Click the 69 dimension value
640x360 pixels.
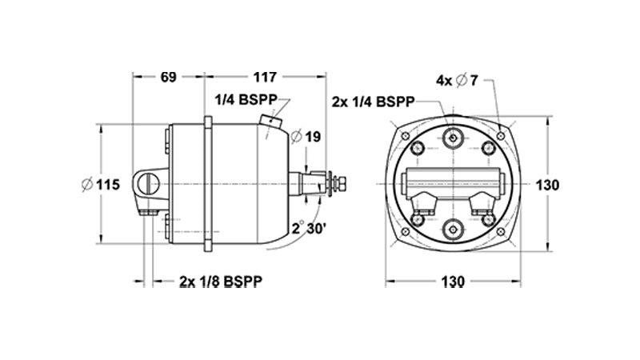click(168, 78)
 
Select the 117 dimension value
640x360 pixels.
click(265, 78)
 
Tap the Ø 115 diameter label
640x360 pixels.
click(101, 185)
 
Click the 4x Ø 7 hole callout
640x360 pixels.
click(457, 80)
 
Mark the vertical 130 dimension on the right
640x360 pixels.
click(547, 185)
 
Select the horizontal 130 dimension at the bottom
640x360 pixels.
click(453, 282)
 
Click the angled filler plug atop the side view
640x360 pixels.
click(271, 121)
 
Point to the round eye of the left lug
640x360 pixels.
click(145, 184)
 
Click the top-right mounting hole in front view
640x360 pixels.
click(501, 136)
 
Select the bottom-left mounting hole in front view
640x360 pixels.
click(405, 232)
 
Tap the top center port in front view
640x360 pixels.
click(453, 138)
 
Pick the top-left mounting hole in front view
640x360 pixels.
click(405, 136)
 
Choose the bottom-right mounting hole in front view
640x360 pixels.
click(501, 232)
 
